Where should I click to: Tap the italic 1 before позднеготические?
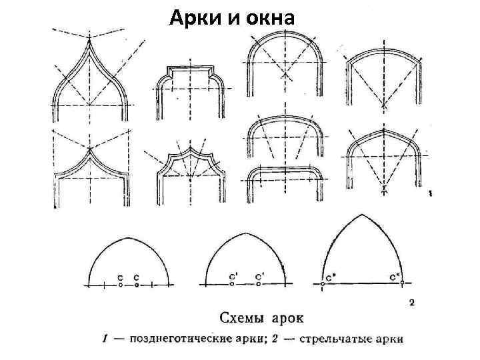105,339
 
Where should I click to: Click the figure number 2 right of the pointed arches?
411,303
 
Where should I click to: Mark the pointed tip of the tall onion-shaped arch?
89,41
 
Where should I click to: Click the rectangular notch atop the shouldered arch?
191,70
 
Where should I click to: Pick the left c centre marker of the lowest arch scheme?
120,285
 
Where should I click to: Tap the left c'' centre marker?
323,285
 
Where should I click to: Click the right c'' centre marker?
402,285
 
